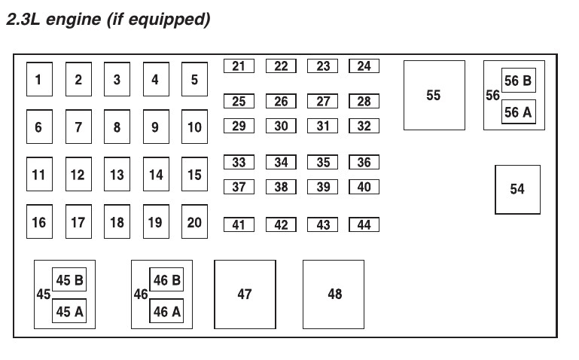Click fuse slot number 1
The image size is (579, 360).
pyautogui.click(x=39, y=79)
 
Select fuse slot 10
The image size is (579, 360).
pyautogui.click(x=194, y=127)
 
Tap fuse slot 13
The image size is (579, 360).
pyautogui.click(x=117, y=175)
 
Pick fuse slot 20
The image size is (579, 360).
pyautogui.click(x=194, y=222)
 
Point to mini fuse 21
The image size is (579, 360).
pyautogui.click(x=239, y=66)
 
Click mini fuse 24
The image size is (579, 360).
pyautogui.click(x=364, y=66)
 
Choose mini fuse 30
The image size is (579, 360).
pyautogui.click(x=281, y=126)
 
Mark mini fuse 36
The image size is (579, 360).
pyautogui.click(x=364, y=162)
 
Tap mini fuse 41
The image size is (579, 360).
pyautogui.click(x=239, y=224)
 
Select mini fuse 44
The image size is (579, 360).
pyautogui.click(x=364, y=224)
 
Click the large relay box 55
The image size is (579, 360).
pyautogui.click(x=434, y=96)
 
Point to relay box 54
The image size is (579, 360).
pyautogui.click(x=517, y=189)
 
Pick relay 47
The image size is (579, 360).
pyautogui.click(x=245, y=294)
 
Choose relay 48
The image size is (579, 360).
pyautogui.click(x=334, y=294)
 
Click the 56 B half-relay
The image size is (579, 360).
pyautogui.click(x=518, y=81)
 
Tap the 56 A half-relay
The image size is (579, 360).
pyautogui.click(x=518, y=112)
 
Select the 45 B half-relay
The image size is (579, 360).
pyautogui.click(x=69, y=280)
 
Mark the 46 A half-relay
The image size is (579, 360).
pyautogui.click(x=166, y=311)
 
